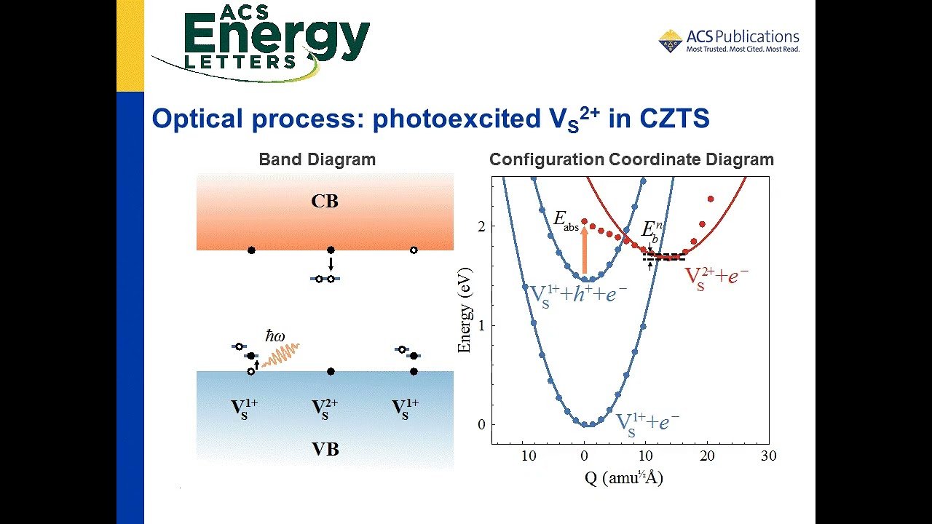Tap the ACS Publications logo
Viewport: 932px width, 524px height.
tap(729, 41)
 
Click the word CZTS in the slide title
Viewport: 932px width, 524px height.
tap(674, 119)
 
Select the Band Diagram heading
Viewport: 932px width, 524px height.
tap(317, 159)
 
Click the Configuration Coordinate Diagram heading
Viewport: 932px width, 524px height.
tap(631, 159)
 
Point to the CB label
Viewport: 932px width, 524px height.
tap(325, 202)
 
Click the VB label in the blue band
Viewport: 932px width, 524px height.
tap(325, 449)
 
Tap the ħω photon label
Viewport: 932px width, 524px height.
tap(275, 336)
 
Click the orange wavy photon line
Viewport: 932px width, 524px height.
tap(281, 354)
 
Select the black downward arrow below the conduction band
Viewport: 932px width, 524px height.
tap(331, 263)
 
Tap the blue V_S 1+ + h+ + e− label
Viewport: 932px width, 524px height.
tap(577, 293)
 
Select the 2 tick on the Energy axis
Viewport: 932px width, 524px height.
tap(481, 226)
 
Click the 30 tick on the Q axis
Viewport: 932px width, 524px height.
tap(768, 456)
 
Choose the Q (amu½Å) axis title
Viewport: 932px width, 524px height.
tap(624, 478)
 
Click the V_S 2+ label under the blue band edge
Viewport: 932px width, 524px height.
tap(325, 408)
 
